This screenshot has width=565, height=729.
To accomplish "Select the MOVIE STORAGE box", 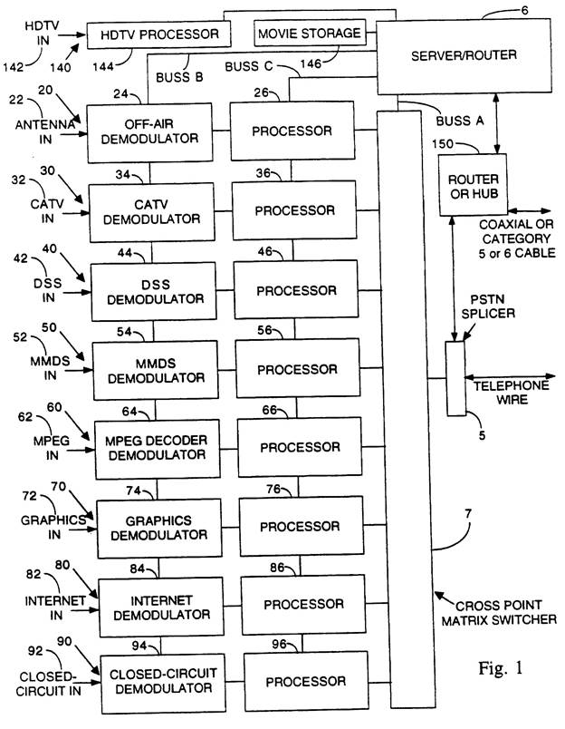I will [x=311, y=34].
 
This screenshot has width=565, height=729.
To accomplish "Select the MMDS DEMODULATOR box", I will [x=154, y=369].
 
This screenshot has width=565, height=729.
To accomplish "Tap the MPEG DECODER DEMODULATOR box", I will [x=156, y=448].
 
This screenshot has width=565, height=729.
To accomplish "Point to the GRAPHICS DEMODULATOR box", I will [x=158, y=527].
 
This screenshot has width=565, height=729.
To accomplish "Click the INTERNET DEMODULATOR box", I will [x=159, y=604].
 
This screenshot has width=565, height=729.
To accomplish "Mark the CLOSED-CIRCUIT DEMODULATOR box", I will [x=160, y=680].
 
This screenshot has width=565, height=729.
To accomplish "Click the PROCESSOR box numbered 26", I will [x=292, y=131].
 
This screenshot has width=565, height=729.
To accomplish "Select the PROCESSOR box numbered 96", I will [x=305, y=680].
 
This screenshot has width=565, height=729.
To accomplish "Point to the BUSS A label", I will [x=461, y=120].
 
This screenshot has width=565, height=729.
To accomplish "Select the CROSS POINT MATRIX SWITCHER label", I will [x=503, y=612].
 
